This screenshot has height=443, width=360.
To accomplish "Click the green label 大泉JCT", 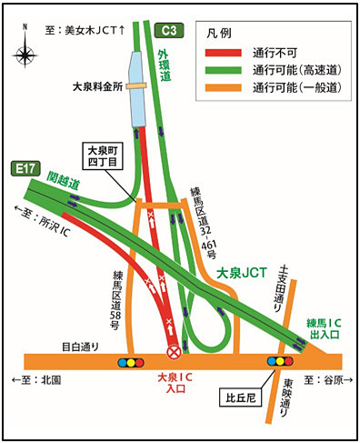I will click(x=241, y=271).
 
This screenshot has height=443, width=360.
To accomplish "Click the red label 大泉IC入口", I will click(x=174, y=382).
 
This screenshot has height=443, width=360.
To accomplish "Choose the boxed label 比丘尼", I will click(x=242, y=397).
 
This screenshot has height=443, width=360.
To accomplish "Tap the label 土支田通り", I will click(x=282, y=277).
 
